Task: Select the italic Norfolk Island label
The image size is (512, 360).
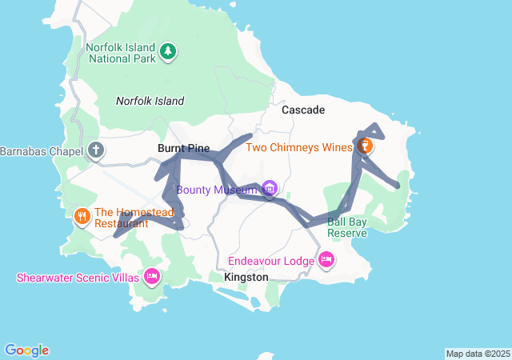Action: [150, 101]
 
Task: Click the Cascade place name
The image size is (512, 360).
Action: [302, 110]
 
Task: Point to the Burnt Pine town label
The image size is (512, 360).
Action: [183, 149]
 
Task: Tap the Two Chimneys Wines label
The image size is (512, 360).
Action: [298, 147]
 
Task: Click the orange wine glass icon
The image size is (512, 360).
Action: [365, 146]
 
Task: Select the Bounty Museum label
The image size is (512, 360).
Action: [217, 190]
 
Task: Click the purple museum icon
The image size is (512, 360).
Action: [270, 190]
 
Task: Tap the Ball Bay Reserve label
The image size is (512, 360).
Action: [347, 227]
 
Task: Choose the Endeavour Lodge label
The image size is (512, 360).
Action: [270, 261]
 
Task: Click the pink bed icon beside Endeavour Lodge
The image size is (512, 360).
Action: [326, 260]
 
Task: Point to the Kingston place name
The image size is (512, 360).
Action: [246, 277]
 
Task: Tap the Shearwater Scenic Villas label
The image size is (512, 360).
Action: [77, 278]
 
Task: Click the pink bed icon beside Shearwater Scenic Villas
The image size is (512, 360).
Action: [151, 277]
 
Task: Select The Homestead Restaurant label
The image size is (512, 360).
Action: [122, 218]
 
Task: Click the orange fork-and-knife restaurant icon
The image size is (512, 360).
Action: [81, 217]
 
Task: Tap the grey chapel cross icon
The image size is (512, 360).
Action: [96, 150]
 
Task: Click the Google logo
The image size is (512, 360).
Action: [26, 350]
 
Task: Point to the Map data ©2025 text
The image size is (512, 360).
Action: [477, 354]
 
